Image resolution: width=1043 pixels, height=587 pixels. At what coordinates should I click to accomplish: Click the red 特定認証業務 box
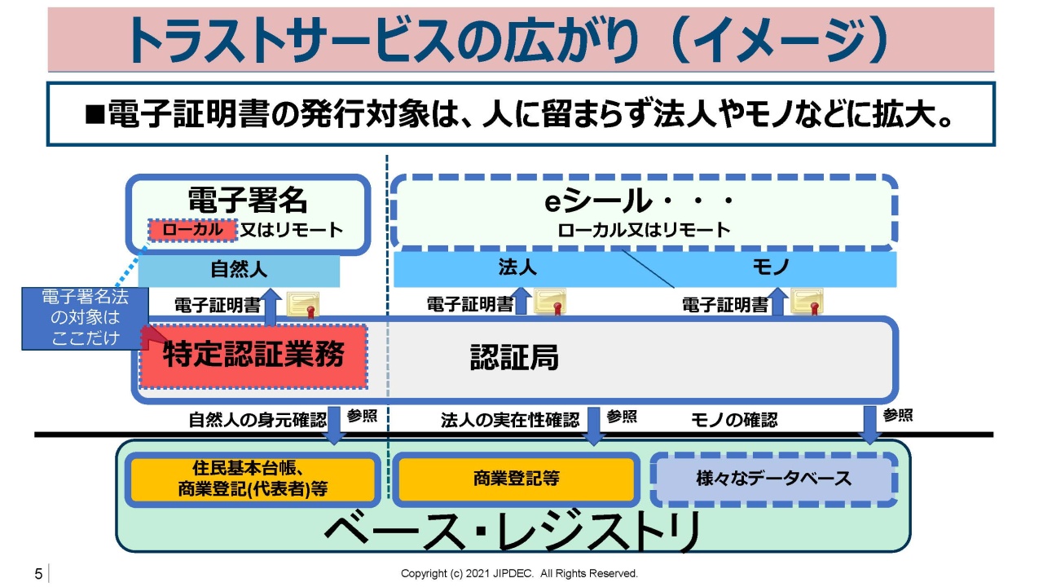click(253, 356)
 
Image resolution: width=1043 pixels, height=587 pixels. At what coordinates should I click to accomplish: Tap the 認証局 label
click(514, 358)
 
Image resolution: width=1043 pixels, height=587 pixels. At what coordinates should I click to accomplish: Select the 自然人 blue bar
click(239, 270)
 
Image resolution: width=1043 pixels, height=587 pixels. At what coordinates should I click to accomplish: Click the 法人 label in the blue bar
click(517, 267)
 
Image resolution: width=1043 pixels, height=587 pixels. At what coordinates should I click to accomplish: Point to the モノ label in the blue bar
click(771, 267)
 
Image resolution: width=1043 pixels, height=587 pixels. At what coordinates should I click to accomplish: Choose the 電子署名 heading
click(248, 201)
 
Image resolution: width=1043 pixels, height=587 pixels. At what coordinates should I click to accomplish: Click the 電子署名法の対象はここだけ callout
click(86, 318)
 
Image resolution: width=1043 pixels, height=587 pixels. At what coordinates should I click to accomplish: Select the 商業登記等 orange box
click(516, 479)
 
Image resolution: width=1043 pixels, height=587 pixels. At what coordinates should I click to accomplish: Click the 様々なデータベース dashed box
click(773, 479)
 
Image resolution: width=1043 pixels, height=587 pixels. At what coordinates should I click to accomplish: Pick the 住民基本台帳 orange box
click(253, 479)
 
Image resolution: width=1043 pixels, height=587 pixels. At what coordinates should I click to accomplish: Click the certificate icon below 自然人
click(303, 305)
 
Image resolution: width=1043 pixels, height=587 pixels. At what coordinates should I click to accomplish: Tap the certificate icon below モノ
click(807, 302)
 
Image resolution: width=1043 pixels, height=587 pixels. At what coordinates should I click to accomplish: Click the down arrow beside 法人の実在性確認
click(594, 426)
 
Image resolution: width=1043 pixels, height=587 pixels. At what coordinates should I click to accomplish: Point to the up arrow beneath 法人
click(521, 301)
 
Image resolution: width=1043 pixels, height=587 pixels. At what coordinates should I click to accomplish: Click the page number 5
click(38, 574)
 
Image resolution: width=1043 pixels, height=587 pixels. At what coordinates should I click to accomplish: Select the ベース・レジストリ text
click(513, 531)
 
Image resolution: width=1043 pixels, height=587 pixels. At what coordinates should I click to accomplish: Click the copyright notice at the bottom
click(519, 573)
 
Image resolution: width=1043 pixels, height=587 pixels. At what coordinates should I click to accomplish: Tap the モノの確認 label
click(734, 420)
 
